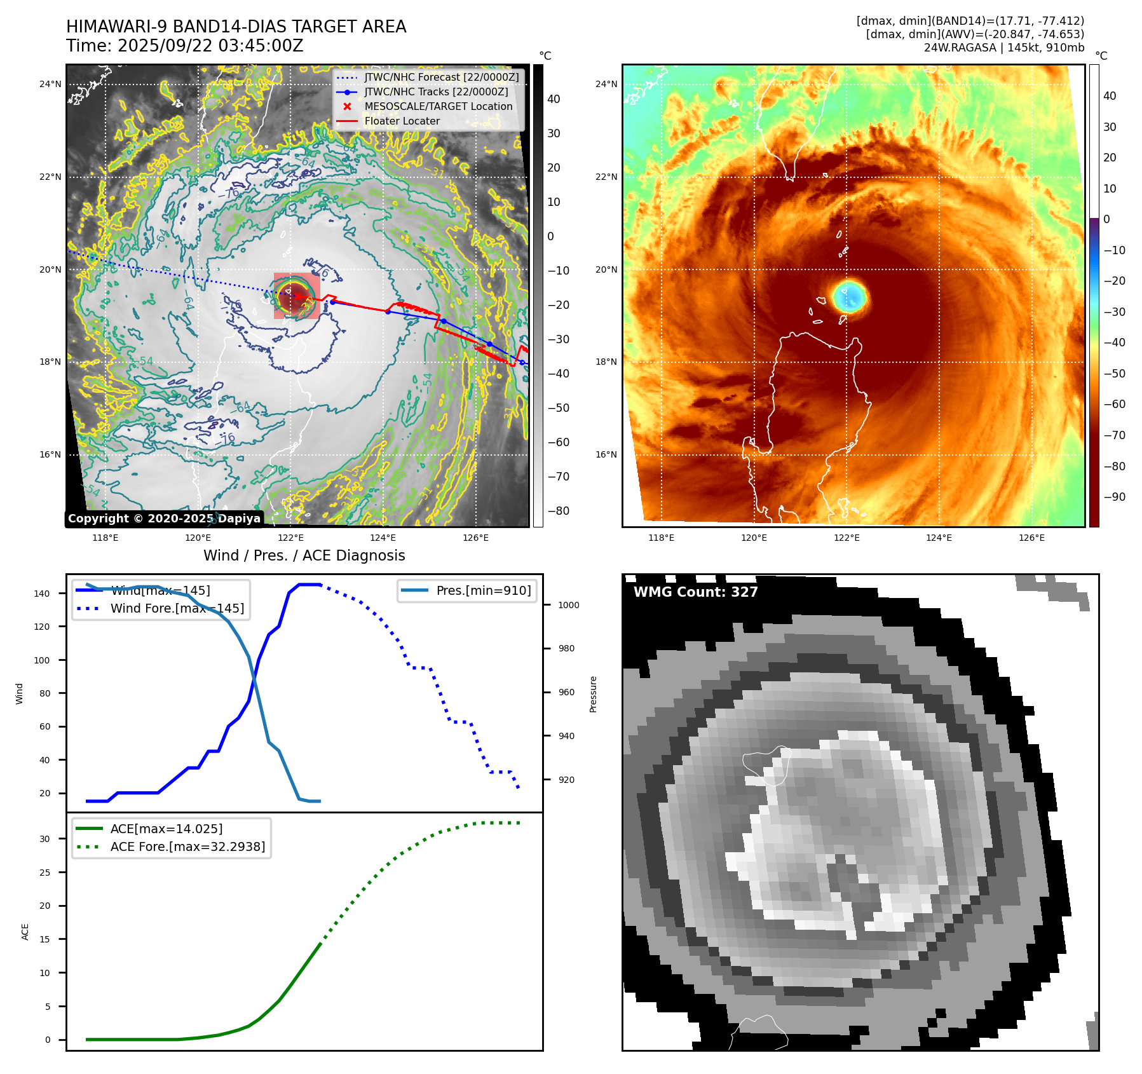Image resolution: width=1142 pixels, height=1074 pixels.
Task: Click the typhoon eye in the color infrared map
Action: coord(849,297)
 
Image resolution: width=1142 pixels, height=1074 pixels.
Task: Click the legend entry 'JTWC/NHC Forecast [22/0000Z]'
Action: coord(441,78)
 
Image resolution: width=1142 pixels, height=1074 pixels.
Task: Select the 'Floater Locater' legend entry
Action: coord(402,121)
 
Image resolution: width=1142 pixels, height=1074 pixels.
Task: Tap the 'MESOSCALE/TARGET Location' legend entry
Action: coord(438,107)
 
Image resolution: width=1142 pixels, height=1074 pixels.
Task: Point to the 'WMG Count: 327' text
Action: coord(695,592)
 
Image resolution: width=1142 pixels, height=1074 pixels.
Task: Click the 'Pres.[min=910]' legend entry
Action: coord(483,590)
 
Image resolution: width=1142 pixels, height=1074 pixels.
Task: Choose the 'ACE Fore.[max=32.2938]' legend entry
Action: coord(187,846)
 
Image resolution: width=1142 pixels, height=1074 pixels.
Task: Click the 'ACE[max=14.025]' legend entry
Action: coord(167,829)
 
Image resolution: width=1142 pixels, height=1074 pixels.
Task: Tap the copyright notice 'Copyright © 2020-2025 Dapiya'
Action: coord(164,519)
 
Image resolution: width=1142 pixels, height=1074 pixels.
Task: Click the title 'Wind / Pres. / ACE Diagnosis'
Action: coord(304,555)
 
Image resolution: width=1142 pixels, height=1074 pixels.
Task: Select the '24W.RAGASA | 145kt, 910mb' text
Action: coord(1003,48)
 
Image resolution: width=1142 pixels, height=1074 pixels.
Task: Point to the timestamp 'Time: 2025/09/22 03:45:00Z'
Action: coord(185,46)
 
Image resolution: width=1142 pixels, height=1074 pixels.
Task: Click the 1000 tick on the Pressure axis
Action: coord(568,605)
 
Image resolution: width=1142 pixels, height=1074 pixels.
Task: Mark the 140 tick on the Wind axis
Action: coord(42,594)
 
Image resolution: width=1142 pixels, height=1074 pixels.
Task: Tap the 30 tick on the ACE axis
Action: coord(44,839)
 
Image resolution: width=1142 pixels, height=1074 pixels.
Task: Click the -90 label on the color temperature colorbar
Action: coord(1114,497)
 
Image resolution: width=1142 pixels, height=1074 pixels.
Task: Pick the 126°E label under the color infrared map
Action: coord(1031,538)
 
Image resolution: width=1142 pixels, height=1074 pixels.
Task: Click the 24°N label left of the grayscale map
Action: coord(50,84)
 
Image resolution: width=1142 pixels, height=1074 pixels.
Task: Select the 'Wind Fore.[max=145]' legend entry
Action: coord(177,608)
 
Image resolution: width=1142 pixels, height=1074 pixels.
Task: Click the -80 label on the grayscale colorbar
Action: coord(558,511)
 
